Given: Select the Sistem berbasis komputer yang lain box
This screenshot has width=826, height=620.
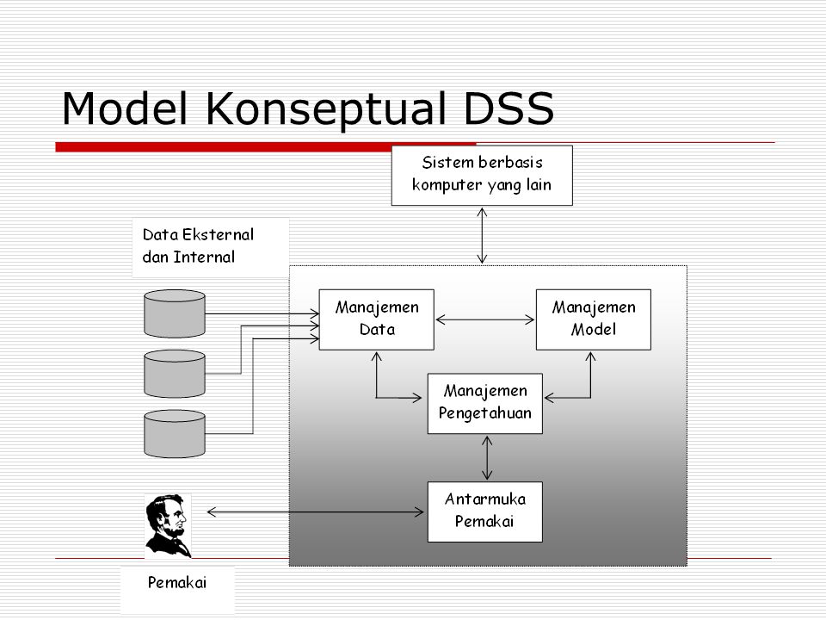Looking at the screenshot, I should pos(482,177).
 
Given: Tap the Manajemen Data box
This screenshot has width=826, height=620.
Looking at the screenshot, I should pos(375,319).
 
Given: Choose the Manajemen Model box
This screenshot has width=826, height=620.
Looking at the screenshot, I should pos(594,319).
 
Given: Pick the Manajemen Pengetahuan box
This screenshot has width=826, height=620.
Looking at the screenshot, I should pos(485,403).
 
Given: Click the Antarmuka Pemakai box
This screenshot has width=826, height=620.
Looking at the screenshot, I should pos(485,512).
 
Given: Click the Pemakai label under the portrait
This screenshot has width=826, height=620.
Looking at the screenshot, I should pos(177,583).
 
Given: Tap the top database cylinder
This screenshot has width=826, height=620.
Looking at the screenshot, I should pos(175,313).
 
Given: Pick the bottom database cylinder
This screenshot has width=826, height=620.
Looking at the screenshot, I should pos(175,432).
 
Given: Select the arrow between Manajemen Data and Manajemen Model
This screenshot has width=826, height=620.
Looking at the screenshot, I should pos(485,319).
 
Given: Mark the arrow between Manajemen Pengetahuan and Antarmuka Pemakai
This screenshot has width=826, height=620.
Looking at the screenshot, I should pos(488,457).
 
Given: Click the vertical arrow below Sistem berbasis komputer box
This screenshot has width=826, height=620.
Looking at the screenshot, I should pos(483,234).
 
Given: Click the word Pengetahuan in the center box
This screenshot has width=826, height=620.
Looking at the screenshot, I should pos(485,412).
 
